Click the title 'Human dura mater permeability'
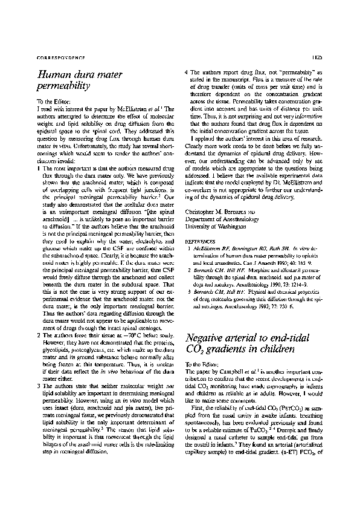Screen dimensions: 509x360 point(80,80)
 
